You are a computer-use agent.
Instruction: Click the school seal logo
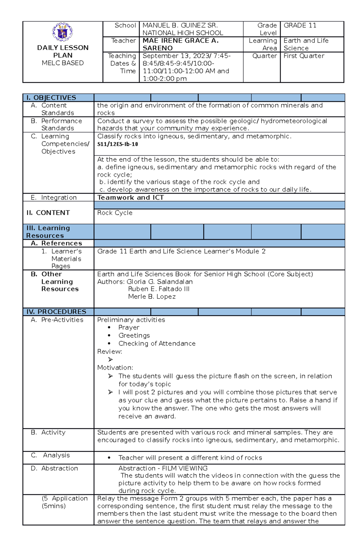click(x=62, y=32)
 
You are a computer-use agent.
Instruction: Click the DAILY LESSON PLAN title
click(x=63, y=52)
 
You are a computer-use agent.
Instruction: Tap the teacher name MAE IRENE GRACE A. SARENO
click(x=180, y=44)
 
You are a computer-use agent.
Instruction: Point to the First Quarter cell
click(x=304, y=56)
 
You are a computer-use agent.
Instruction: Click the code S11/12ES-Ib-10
click(x=118, y=144)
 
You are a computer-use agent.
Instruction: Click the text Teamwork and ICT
click(x=130, y=198)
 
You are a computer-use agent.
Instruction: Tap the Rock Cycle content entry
click(x=115, y=213)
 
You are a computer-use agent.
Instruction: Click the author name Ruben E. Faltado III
click(x=159, y=289)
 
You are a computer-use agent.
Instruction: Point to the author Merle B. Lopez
click(x=152, y=297)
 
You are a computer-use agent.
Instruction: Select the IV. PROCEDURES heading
click(x=56, y=312)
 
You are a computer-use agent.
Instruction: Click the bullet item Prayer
click(x=129, y=328)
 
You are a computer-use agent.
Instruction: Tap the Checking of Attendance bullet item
click(x=157, y=343)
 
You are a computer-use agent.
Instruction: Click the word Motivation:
click(x=115, y=368)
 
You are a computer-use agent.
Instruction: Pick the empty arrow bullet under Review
click(x=110, y=360)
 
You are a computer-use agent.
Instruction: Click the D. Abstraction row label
click(x=54, y=468)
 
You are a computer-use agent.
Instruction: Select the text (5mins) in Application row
click(x=54, y=506)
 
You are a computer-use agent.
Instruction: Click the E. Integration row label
click(x=54, y=198)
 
